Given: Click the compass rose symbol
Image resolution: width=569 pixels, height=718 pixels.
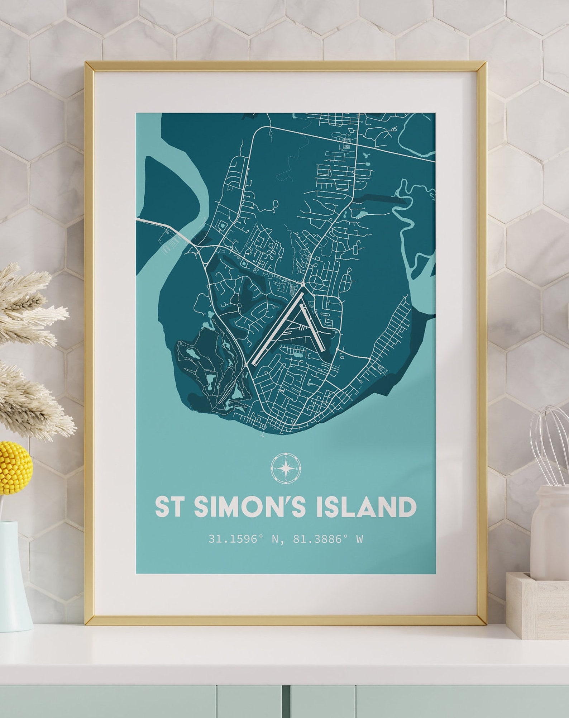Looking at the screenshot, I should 286,468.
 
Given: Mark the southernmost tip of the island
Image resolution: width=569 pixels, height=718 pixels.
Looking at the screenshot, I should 263,436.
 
